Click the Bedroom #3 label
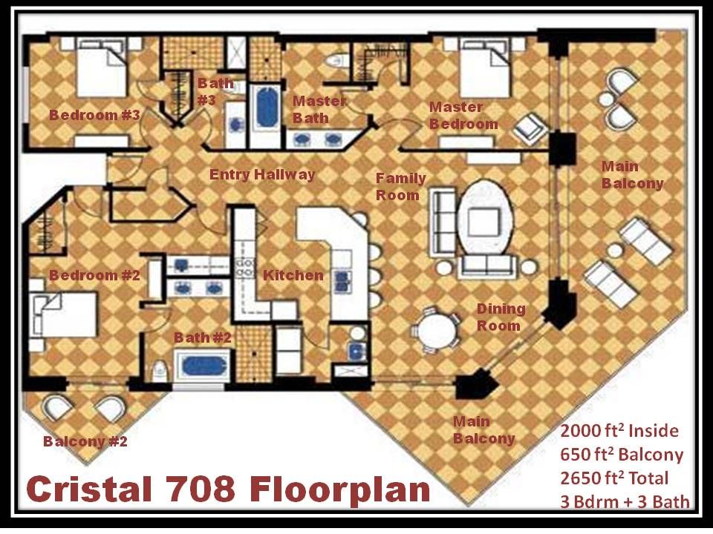coord(94,115)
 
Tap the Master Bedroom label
coord(463,116)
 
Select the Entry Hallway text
coord(262,175)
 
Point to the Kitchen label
coord(293,275)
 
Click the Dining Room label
coord(500,317)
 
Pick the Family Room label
coord(400,187)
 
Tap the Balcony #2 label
coord(85,441)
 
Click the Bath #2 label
coord(202,338)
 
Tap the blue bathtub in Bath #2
coord(204,366)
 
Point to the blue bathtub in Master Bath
coord(267,107)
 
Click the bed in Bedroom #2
coord(64,314)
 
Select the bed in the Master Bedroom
coord(485,68)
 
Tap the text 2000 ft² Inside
coord(619,430)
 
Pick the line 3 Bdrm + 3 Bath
coord(625,502)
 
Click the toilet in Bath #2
coord(159,370)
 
